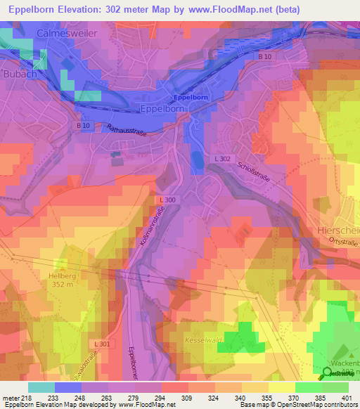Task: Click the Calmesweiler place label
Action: point(63,32)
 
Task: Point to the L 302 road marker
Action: point(220,160)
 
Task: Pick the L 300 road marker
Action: point(167,200)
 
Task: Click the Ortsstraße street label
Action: point(342,242)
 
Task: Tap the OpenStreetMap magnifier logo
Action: point(327,373)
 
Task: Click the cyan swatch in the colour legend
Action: point(41,387)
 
